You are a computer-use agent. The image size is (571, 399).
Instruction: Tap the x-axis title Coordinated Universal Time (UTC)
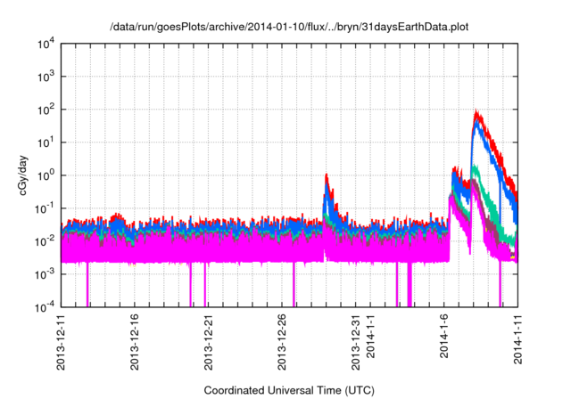point(289,390)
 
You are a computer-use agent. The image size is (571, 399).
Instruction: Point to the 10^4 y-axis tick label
point(46,44)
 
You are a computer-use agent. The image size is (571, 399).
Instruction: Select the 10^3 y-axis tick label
point(46,77)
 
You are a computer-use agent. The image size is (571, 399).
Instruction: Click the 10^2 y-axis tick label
point(46,110)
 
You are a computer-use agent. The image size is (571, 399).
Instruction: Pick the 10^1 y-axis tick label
point(46,142)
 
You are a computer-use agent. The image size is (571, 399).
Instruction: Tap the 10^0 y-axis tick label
point(46,175)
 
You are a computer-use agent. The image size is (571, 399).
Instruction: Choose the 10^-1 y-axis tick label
point(45,208)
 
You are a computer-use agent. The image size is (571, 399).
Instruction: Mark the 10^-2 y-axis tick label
point(45,240)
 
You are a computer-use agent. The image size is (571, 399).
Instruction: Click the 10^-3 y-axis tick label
point(45,273)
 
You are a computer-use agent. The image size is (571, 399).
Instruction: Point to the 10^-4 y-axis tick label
point(45,306)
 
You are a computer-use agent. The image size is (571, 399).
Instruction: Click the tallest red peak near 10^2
point(477,113)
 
